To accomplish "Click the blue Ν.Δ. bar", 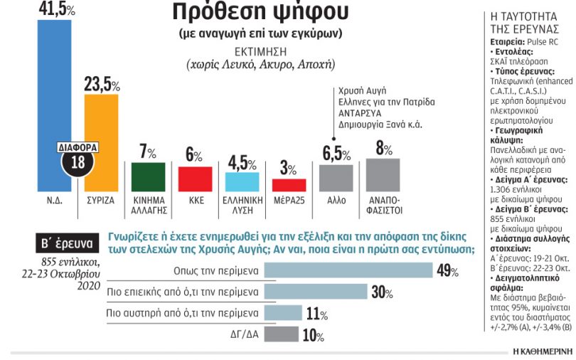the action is (54, 106).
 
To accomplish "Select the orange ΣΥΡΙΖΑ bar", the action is (102, 143).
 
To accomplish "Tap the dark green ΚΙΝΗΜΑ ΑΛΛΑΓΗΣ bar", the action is (149, 177).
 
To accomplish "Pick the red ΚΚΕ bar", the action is (195, 179).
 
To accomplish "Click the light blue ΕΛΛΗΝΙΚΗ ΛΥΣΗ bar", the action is (242, 182).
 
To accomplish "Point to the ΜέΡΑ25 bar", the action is (289, 185).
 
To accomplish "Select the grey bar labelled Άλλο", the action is (336, 178).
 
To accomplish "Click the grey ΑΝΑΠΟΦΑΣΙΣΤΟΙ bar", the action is (383, 175).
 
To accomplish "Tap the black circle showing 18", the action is (78, 162).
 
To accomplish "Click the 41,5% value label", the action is (57, 9).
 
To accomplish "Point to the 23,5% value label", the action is (102, 84).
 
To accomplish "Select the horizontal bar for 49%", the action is (348, 270).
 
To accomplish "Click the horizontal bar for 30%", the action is (316, 292).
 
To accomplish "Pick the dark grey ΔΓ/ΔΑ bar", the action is (282, 334).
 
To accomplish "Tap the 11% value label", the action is (317, 314).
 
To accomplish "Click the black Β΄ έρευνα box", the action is (68, 243).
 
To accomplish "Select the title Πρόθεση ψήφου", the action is (260, 12).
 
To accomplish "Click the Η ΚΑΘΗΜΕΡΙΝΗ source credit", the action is (543, 351).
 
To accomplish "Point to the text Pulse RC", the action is (542, 42).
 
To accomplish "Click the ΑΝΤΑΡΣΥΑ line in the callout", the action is (360, 113).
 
